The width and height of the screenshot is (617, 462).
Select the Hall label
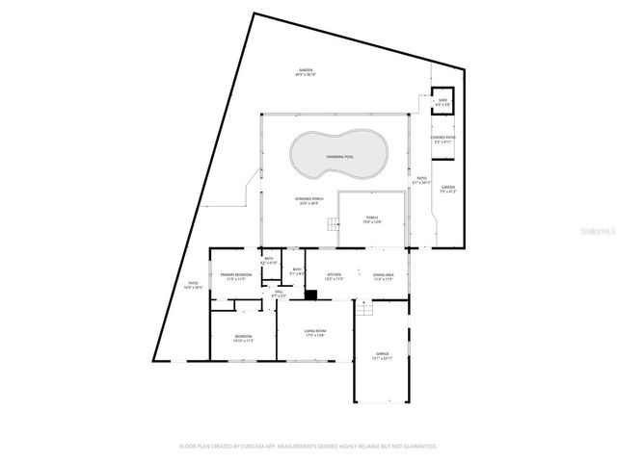[x=279, y=293]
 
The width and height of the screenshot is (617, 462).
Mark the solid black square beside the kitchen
[x=310, y=295]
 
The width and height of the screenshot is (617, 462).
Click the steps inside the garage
[x=364, y=310]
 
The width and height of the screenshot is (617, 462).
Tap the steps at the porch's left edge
[x=332, y=225]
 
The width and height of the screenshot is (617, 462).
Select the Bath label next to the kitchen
[x=298, y=271]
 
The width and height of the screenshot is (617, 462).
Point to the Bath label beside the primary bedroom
[x=269, y=259]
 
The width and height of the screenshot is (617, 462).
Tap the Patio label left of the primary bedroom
[x=193, y=285]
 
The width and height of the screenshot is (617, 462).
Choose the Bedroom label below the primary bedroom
[x=242, y=338]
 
